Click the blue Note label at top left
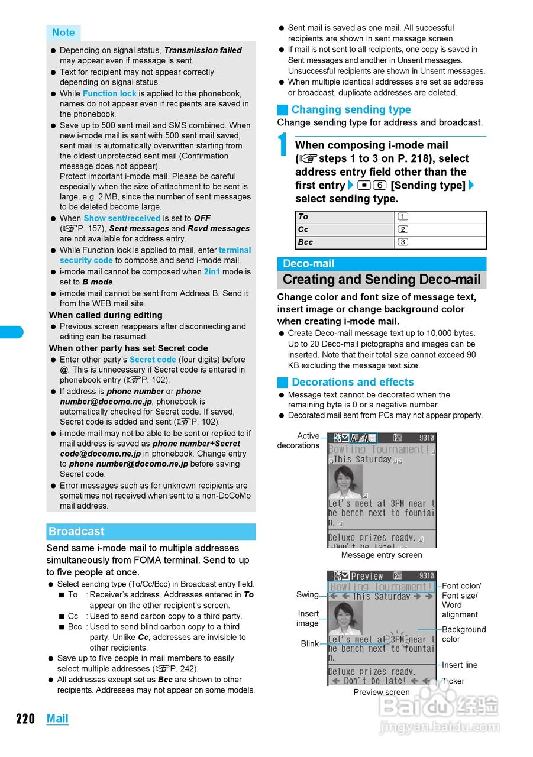pyautogui.click(x=63, y=33)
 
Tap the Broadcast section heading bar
pyautogui.click(x=150, y=532)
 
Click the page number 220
pyautogui.click(x=25, y=719)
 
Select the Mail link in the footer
pyautogui.click(x=57, y=719)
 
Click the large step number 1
pyautogui.click(x=284, y=146)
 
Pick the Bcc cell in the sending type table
pyautogui.click(x=345, y=242)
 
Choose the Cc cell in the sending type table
pyautogui.click(x=345, y=229)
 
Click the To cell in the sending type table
pyautogui.click(x=345, y=217)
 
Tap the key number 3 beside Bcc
pyautogui.click(x=403, y=242)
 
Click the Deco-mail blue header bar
pyautogui.click(x=382, y=264)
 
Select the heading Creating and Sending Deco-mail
pyautogui.click(x=382, y=280)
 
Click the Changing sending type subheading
pyautogui.click(x=351, y=109)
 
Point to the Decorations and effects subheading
pyautogui.click(x=353, y=382)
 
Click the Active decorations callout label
pyautogui.click(x=299, y=441)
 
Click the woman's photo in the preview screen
pyautogui.click(x=345, y=617)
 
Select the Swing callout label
pyautogui.click(x=307, y=594)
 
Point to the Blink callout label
pyautogui.click(x=309, y=644)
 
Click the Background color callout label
pyautogui.click(x=463, y=634)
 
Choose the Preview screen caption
pyautogui.click(x=382, y=692)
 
